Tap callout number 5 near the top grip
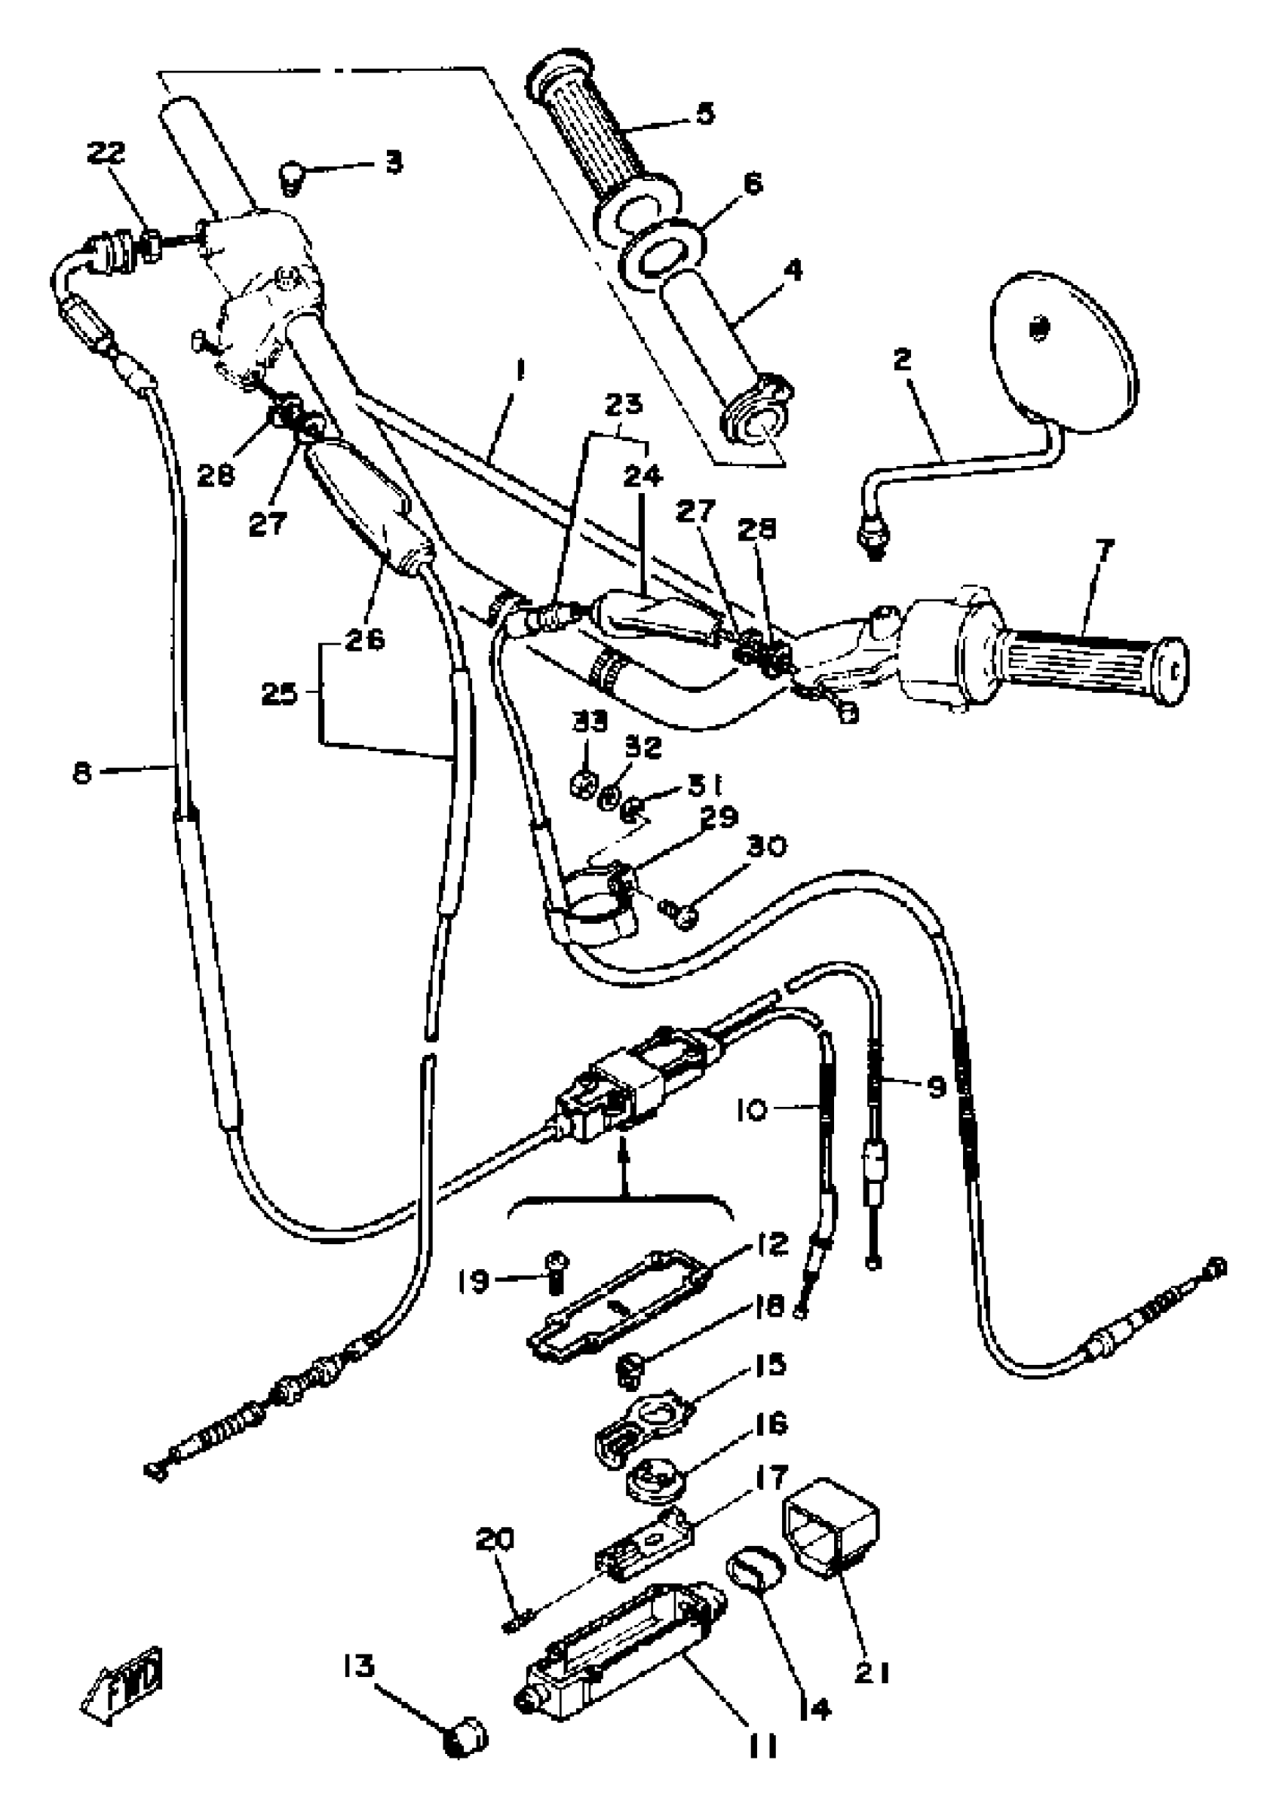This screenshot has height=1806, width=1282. pyautogui.click(x=705, y=113)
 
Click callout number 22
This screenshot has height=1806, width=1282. pyautogui.click(x=106, y=153)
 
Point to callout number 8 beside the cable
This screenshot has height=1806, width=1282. pyautogui.click(x=82, y=771)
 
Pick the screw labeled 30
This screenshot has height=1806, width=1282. pyautogui.click(x=679, y=915)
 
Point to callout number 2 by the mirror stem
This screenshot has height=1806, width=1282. pyautogui.click(x=902, y=360)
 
